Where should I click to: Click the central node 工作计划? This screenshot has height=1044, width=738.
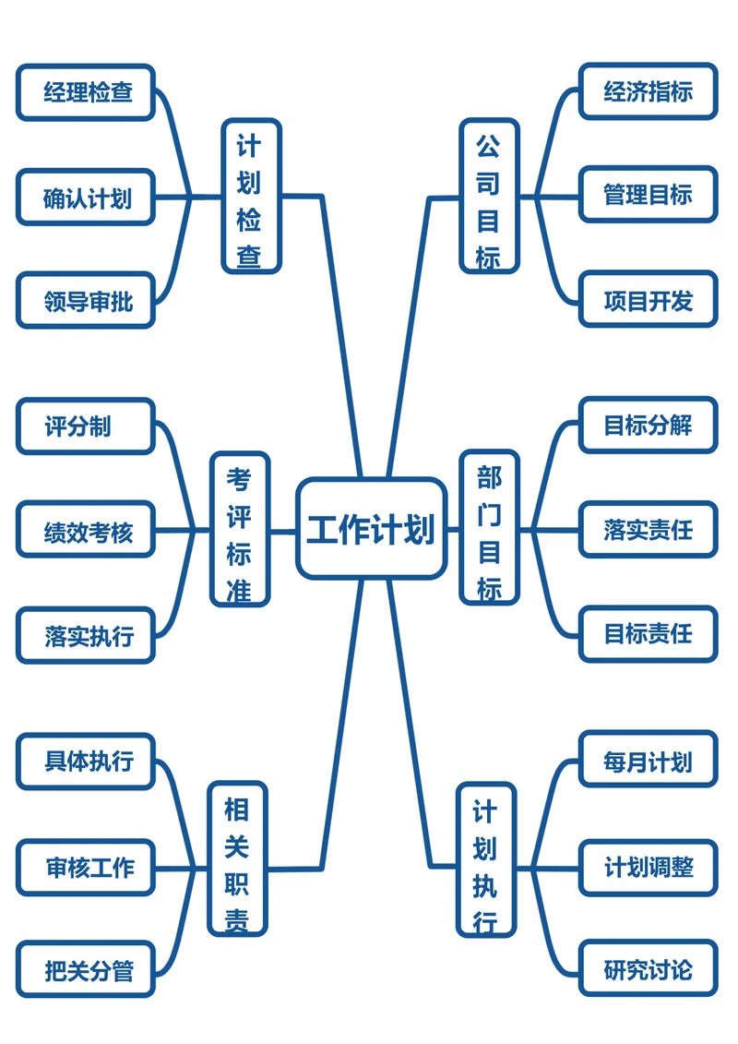click(371, 529)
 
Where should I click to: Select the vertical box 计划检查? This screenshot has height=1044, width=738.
click(251, 197)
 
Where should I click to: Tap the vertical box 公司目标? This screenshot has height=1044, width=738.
click(489, 197)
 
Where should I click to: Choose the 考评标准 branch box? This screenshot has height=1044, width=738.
click(240, 529)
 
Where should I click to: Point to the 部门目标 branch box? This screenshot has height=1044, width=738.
click(489, 529)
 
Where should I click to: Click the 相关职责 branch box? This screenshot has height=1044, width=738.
click(238, 858)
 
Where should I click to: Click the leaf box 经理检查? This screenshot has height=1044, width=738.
click(86, 92)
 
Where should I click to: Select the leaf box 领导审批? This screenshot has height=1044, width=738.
click(86, 301)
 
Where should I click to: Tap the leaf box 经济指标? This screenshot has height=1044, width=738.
click(648, 91)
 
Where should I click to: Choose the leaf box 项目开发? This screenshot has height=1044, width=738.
click(648, 300)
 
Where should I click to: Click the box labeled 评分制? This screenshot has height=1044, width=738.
click(86, 426)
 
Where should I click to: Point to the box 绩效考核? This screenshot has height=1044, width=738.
click(86, 532)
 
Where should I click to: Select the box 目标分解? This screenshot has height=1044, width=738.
click(648, 426)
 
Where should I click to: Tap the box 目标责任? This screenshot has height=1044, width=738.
click(648, 634)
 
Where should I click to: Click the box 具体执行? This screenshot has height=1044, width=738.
click(86, 762)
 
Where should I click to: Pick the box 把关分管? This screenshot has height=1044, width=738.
click(86, 970)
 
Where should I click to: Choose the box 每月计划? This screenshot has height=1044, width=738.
click(648, 762)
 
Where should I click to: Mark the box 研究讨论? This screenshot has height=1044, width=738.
click(648, 969)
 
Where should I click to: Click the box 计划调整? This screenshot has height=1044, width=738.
click(648, 868)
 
